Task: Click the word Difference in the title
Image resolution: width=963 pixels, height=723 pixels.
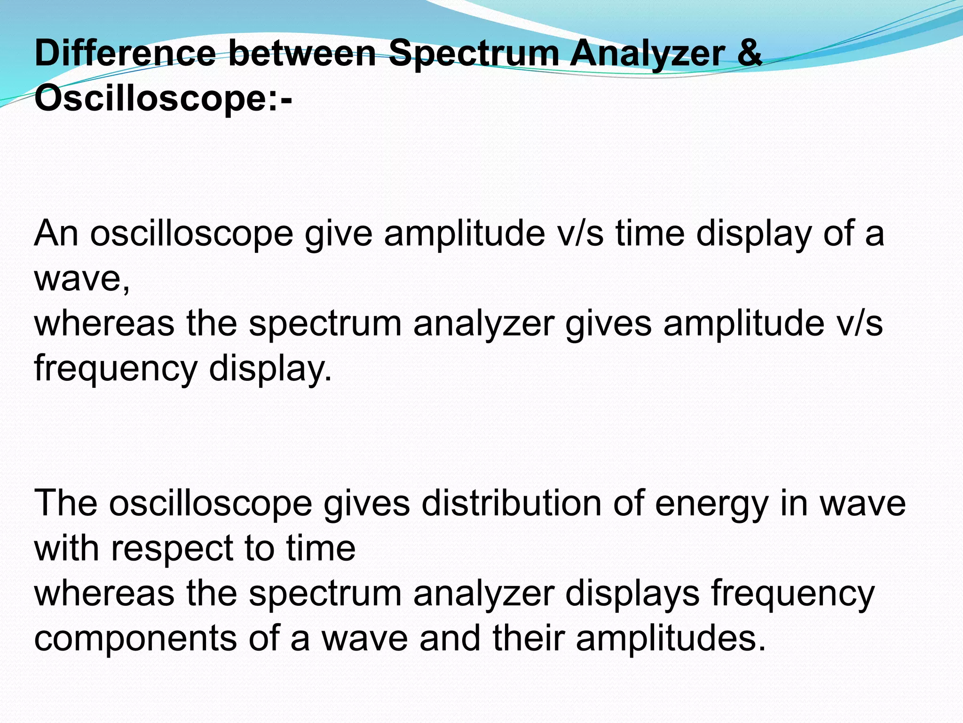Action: point(125,54)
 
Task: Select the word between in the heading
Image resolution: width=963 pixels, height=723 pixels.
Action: point(302,54)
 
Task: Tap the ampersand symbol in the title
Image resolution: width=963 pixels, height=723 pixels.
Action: point(749,54)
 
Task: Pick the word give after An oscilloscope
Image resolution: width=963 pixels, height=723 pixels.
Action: point(339,234)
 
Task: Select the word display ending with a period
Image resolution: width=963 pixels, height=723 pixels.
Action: point(270,369)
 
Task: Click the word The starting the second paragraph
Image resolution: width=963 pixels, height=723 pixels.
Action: point(66,504)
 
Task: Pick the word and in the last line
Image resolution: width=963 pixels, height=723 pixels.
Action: point(450,638)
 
